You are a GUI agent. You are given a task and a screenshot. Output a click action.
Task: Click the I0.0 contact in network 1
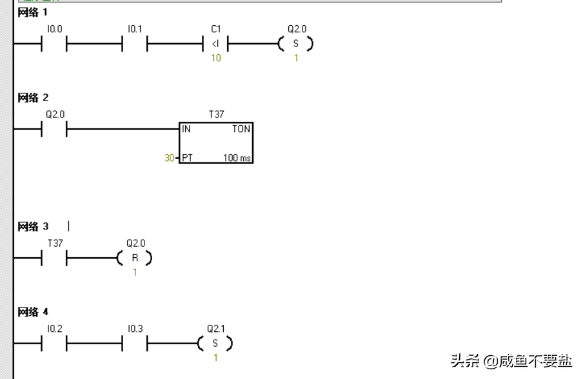pyautogui.click(x=54, y=44)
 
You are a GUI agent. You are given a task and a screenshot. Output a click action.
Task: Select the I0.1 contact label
pyautogui.click(x=134, y=29)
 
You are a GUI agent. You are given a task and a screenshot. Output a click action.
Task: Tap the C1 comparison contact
pyautogui.click(x=215, y=44)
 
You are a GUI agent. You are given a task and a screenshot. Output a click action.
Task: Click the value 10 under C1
pyautogui.click(x=215, y=59)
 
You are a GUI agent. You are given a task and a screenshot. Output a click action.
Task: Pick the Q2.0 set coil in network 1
pyautogui.click(x=296, y=44)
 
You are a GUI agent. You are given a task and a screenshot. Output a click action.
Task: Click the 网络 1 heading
pyautogui.click(x=32, y=12)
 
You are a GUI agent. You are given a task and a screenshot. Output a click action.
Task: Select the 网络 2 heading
pyautogui.click(x=32, y=98)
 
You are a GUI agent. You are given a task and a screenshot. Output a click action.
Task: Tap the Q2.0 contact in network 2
pyautogui.click(x=54, y=130)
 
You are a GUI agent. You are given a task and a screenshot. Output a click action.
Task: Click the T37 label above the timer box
pyautogui.click(x=216, y=114)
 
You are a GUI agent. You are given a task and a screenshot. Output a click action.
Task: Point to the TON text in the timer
pyautogui.click(x=241, y=129)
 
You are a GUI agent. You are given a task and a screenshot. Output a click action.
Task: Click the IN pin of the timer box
pyautogui.click(x=186, y=129)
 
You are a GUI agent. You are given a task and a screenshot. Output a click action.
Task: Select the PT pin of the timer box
pyautogui.click(x=187, y=157)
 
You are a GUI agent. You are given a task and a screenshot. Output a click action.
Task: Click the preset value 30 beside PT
pyautogui.click(x=169, y=157)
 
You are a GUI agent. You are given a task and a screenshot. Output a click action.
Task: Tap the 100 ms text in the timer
pyautogui.click(x=237, y=157)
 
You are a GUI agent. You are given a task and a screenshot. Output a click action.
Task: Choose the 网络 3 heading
pyautogui.click(x=32, y=227)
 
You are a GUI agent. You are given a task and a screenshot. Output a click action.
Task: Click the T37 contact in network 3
pyautogui.click(x=54, y=258)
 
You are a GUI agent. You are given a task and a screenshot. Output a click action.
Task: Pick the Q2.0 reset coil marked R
pyautogui.click(x=135, y=258)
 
